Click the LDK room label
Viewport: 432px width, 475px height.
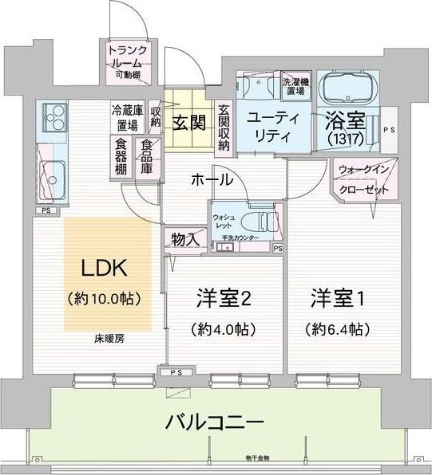coord(103,269)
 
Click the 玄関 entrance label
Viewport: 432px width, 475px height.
coord(189,123)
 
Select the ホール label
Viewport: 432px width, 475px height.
coord(211,179)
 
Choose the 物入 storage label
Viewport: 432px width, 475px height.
coord(180,238)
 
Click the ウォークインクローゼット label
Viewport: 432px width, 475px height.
coord(363,181)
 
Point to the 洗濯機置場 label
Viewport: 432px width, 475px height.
coord(294,86)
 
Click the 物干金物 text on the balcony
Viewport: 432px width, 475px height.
coord(258,457)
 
